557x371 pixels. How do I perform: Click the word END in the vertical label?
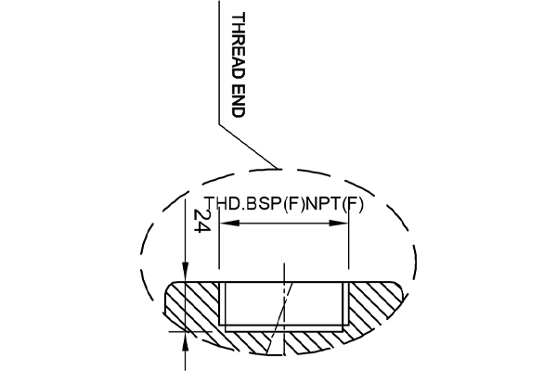click(x=238, y=99)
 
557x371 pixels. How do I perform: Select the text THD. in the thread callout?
click(x=224, y=205)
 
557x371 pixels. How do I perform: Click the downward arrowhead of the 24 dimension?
click(x=188, y=274)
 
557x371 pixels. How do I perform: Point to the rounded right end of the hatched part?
click(x=400, y=291)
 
